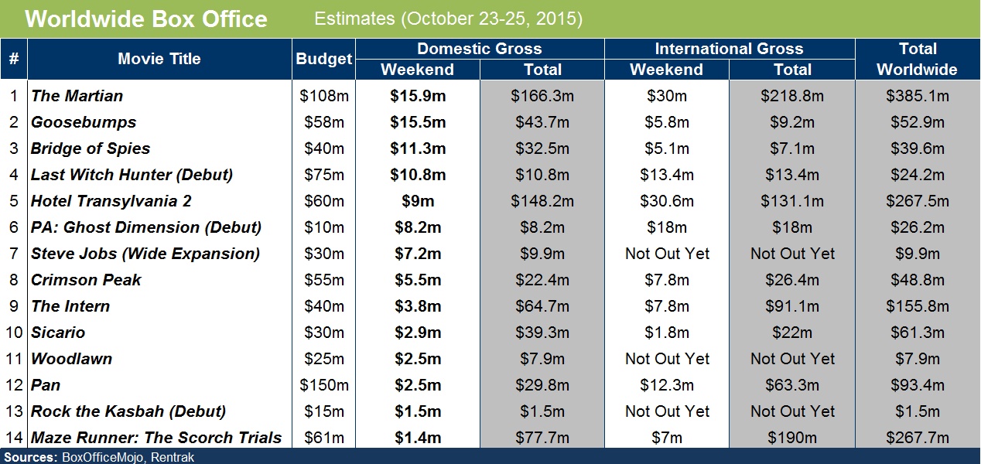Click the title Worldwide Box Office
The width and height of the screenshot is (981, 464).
point(146,19)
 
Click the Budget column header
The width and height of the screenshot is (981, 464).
point(324,59)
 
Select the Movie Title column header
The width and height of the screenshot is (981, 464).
point(159,59)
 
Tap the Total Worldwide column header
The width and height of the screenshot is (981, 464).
point(917,59)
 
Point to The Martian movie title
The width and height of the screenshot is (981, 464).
point(77,96)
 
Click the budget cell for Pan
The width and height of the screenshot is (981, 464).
point(324,385)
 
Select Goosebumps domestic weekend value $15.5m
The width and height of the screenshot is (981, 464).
point(417,122)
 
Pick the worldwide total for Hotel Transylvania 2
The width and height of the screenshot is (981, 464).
point(917,201)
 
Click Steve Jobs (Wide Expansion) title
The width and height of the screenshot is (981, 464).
point(145,254)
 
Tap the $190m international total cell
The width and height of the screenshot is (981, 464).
point(792,438)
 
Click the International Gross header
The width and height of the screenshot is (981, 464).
point(729,49)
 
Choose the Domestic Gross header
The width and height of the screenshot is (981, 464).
point(480,49)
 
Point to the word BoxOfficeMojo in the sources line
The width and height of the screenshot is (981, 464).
point(101,457)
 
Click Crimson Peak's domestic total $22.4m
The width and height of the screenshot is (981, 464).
point(542,280)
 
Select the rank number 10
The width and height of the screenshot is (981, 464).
point(14,333)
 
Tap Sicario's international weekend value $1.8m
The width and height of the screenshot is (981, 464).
point(666,333)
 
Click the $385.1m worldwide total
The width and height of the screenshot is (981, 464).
point(917,96)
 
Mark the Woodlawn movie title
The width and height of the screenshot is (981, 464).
point(72,359)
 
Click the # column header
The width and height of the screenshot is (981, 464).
point(14,59)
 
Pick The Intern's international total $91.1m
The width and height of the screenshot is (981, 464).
point(792,306)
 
